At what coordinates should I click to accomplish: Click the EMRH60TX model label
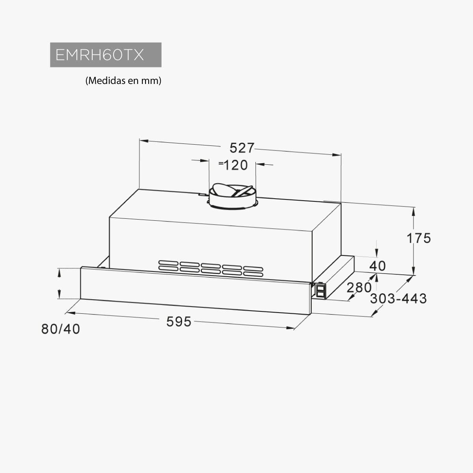point(100,55)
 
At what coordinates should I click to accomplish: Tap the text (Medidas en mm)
point(123,80)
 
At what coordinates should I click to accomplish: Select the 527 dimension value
point(242,148)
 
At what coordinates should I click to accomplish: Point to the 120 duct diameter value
point(236,165)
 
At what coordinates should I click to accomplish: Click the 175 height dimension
point(419,238)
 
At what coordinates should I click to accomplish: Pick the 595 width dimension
point(179,322)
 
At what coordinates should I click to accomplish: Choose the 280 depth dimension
point(359,287)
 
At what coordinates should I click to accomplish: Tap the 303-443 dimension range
point(399,299)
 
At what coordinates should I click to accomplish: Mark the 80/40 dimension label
point(61,329)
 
